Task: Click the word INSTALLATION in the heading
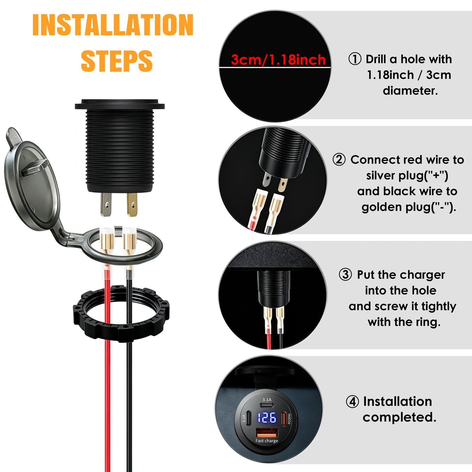coord(113,25)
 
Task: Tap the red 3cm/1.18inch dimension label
coord(278,60)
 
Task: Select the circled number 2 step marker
coord(339,159)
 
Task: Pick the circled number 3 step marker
coord(345,274)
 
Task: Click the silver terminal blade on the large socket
coord(106,204)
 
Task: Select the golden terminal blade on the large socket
coord(132,205)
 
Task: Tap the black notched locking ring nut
coord(121,313)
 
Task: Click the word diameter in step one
coord(410,91)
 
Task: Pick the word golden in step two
coord(382,207)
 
